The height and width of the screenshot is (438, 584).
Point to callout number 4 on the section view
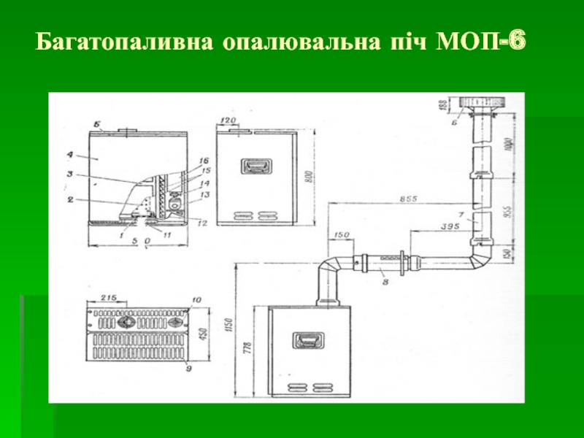(x=70, y=155)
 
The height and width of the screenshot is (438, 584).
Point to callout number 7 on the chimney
(x=459, y=214)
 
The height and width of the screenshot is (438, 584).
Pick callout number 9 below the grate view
(x=188, y=368)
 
